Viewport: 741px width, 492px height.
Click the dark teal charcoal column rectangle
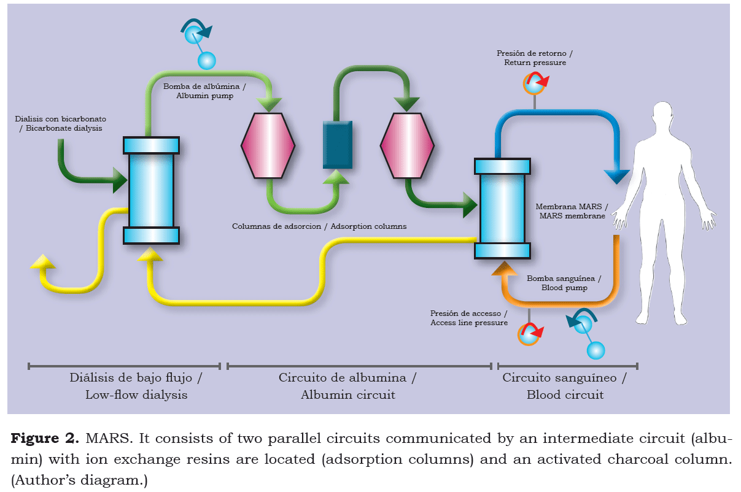point(338,145)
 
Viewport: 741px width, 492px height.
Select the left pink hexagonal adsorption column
point(268,145)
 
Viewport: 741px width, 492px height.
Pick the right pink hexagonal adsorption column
point(407,145)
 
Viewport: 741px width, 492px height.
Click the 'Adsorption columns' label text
point(319,226)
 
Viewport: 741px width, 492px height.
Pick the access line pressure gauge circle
point(529,334)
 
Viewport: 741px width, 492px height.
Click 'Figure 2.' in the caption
point(44,439)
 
